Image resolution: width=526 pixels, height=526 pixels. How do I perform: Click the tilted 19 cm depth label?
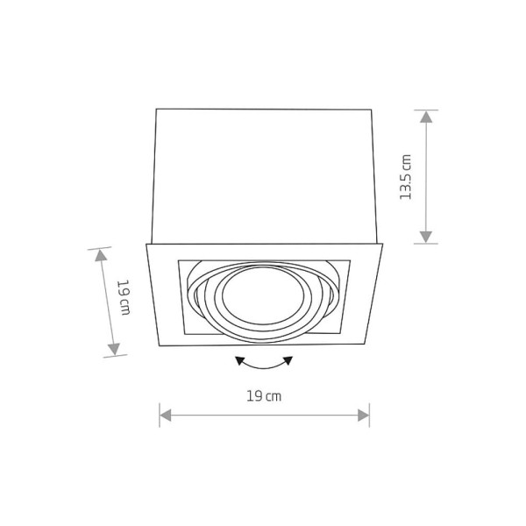pyautogui.click(x=124, y=299)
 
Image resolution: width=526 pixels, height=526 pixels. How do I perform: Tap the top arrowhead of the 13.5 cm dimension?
pyautogui.click(x=425, y=117)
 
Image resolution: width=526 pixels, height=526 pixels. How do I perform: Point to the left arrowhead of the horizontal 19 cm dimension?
pyautogui.click(x=165, y=415)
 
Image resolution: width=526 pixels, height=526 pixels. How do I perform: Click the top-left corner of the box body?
pyautogui.click(x=156, y=109)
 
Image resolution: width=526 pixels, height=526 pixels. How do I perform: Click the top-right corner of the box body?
pyautogui.click(x=373, y=109)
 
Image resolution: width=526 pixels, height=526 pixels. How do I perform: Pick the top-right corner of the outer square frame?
pyautogui.click(x=383, y=244)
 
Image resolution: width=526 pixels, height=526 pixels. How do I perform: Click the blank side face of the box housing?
pyautogui.click(x=264, y=175)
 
